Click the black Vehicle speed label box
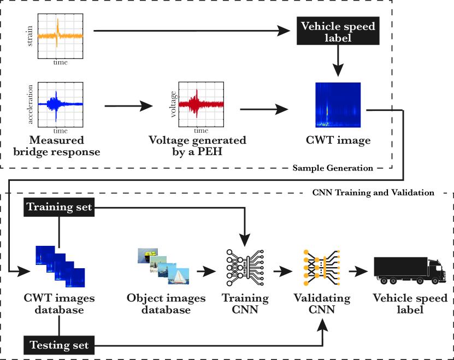coord(338,32)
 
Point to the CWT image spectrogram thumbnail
coord(338,105)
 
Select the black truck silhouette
coord(409,270)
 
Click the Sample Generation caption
coord(333,168)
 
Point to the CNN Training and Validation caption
coord(374,192)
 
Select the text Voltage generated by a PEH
coord(197,146)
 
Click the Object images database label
coord(166,304)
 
